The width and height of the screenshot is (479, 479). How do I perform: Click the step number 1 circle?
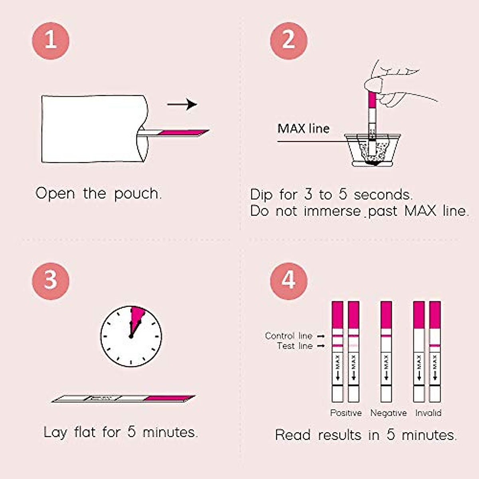(51, 41)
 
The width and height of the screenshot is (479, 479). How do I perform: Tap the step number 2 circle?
(289, 41)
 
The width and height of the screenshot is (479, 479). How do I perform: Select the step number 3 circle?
(51, 280)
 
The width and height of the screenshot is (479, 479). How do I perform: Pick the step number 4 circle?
(289, 280)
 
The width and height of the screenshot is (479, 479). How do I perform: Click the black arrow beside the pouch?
(182, 105)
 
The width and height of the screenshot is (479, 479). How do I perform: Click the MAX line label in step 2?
(303, 129)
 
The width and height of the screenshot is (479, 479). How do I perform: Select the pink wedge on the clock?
(137, 315)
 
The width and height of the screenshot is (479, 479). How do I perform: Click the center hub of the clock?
(131, 336)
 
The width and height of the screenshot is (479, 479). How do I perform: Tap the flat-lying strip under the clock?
(124, 398)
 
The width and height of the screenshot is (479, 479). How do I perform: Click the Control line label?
(289, 336)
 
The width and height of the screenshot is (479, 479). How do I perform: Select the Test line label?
(295, 346)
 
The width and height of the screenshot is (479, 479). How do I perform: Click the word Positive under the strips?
(346, 413)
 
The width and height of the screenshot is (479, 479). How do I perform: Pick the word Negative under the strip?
(388, 413)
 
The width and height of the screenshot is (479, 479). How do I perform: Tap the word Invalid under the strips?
(428, 413)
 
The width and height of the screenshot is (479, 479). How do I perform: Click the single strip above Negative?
(386, 351)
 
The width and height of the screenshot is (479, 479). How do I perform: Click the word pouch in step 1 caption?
(138, 194)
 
